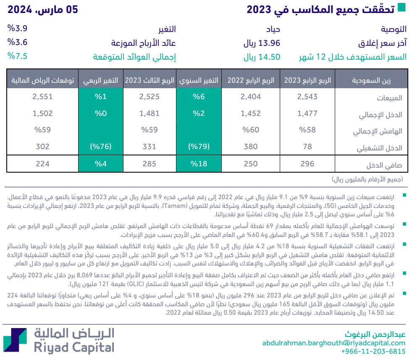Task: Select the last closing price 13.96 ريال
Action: (262, 43)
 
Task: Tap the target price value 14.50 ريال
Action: (262, 57)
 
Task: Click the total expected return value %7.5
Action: (17, 57)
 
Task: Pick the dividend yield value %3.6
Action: (17, 43)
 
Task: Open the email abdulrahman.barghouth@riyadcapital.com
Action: (334, 343)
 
